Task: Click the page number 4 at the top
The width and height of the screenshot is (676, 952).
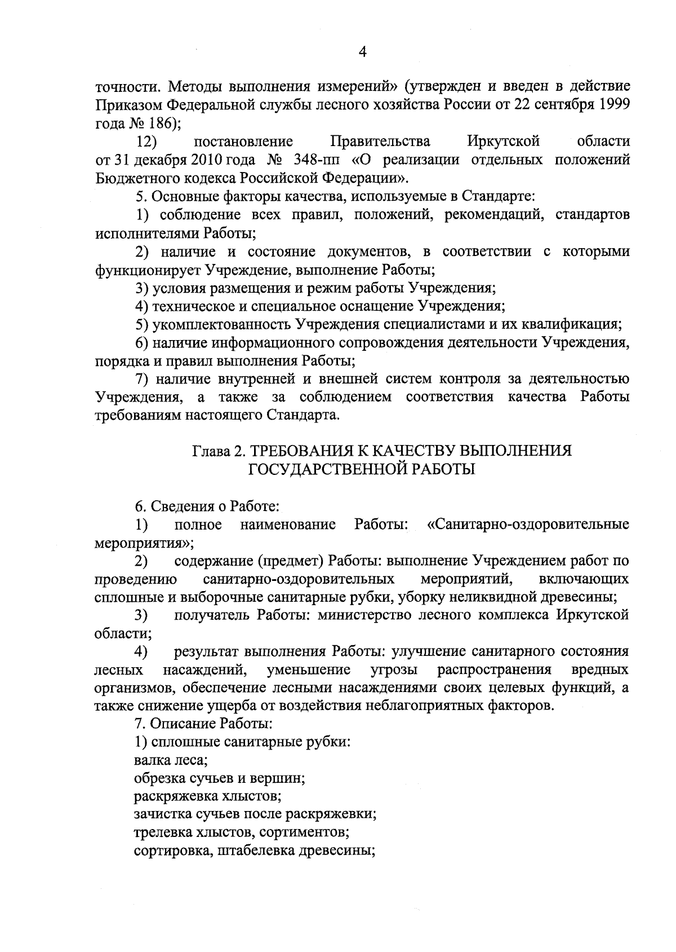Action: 362,52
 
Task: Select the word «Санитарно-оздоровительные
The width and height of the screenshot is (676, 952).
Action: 527,525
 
